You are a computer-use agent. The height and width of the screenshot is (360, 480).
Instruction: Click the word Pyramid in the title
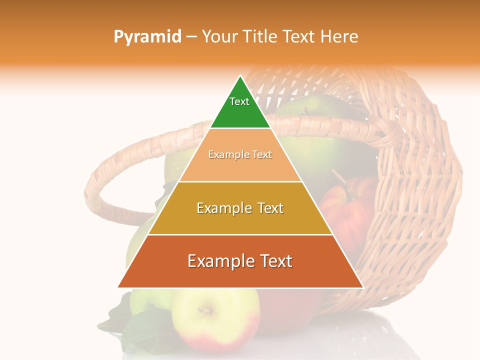pos(147,37)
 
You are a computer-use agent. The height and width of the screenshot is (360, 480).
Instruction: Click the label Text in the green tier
pos(239,101)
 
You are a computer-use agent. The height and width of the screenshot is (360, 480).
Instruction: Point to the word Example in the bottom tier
pos(218,261)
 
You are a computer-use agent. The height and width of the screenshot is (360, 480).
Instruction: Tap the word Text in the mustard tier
pos(267,208)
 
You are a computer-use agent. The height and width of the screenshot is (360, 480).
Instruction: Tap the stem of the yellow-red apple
pos(205,310)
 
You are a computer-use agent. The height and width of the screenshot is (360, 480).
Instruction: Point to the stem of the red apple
pos(341,177)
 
